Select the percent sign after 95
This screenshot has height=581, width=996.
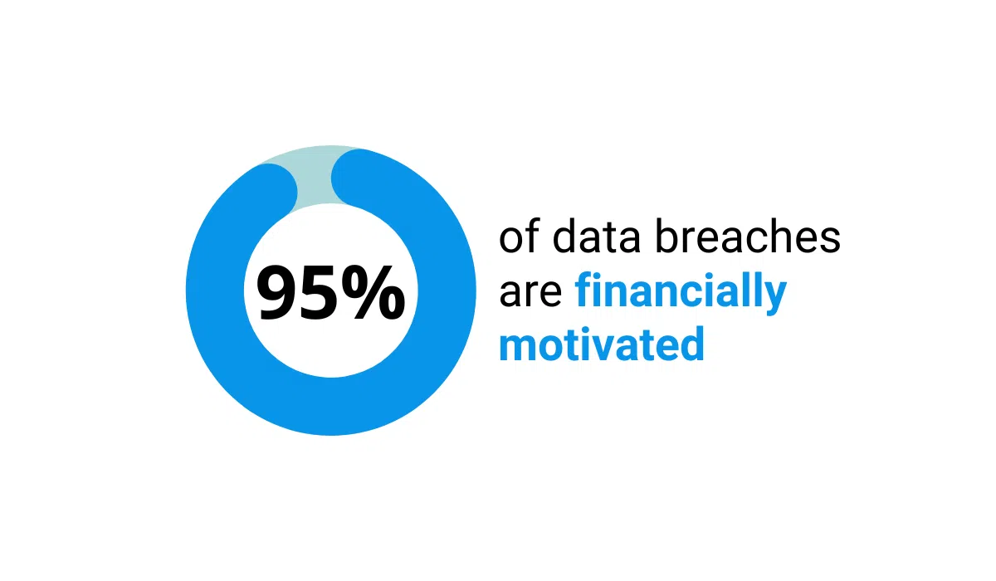pyautogui.click(x=374, y=292)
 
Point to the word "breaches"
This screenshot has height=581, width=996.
pyautogui.click(x=747, y=237)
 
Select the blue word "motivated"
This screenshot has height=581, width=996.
pyautogui.click(x=601, y=344)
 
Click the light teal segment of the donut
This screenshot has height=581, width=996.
pyautogui.click(x=315, y=170)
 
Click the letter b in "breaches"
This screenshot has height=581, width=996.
pyautogui.click(x=666, y=237)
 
